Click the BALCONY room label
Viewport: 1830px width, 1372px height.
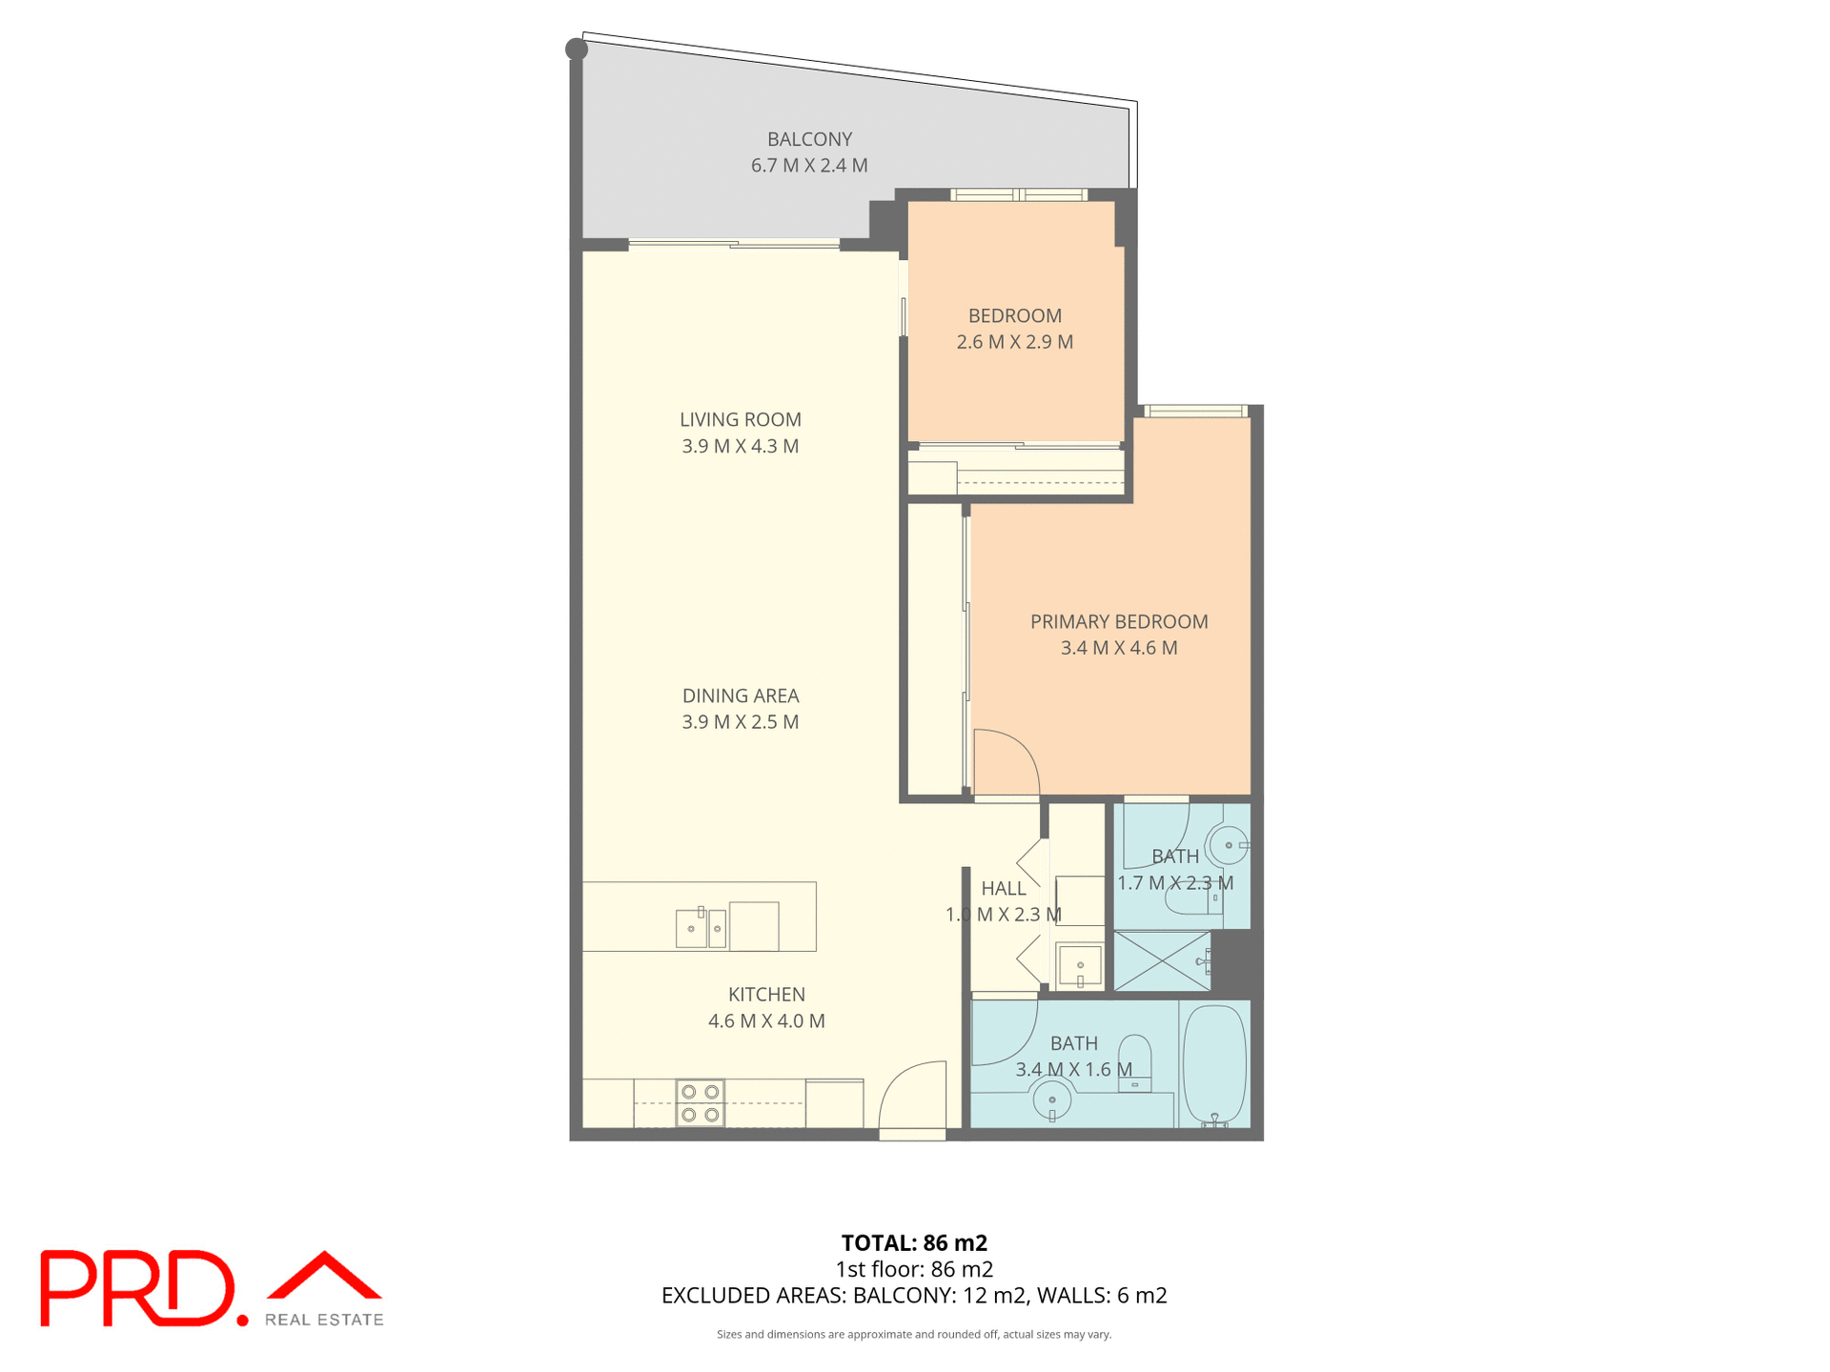(809, 139)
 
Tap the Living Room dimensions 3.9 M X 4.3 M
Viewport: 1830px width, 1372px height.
(740, 446)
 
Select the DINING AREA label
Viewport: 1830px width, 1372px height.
(740, 696)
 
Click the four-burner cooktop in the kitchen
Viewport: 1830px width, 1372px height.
(700, 1102)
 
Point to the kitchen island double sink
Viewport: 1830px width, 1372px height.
(701, 928)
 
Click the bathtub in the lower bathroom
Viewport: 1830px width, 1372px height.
(1214, 1064)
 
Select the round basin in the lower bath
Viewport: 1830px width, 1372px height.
(1052, 1100)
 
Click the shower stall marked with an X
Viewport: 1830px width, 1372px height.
(1162, 960)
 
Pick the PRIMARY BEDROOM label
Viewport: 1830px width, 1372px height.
(1119, 621)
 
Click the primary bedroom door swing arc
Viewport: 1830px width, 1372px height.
(1006, 760)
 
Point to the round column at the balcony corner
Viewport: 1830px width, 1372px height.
(577, 49)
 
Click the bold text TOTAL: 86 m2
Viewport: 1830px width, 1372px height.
(914, 1242)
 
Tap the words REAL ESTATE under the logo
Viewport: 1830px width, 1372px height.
(324, 1320)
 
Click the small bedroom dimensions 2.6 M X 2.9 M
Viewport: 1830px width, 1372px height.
(1014, 342)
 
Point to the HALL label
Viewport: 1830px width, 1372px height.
(1004, 888)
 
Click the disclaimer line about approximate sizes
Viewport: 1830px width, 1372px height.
(914, 1334)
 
